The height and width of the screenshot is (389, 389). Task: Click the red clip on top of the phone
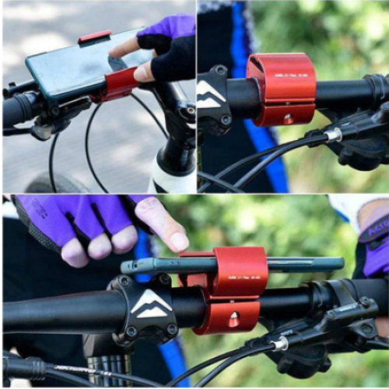tap(94, 37)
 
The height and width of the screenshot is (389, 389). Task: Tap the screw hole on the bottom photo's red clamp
tap(233, 319)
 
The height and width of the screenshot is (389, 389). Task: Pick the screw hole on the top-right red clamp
tap(288, 118)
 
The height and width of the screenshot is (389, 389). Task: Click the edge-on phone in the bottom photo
tap(233, 265)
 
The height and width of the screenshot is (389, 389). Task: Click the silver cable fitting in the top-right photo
tap(332, 135)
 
